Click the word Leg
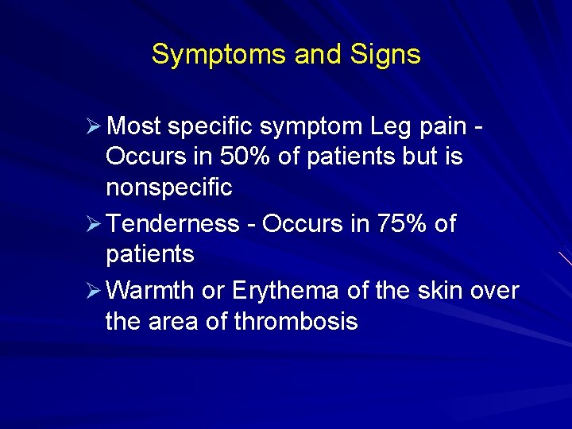[389, 126]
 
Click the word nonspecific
[168, 188]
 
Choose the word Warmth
[149, 291]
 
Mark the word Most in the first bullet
[133, 126]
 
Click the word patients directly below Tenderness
[149, 255]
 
